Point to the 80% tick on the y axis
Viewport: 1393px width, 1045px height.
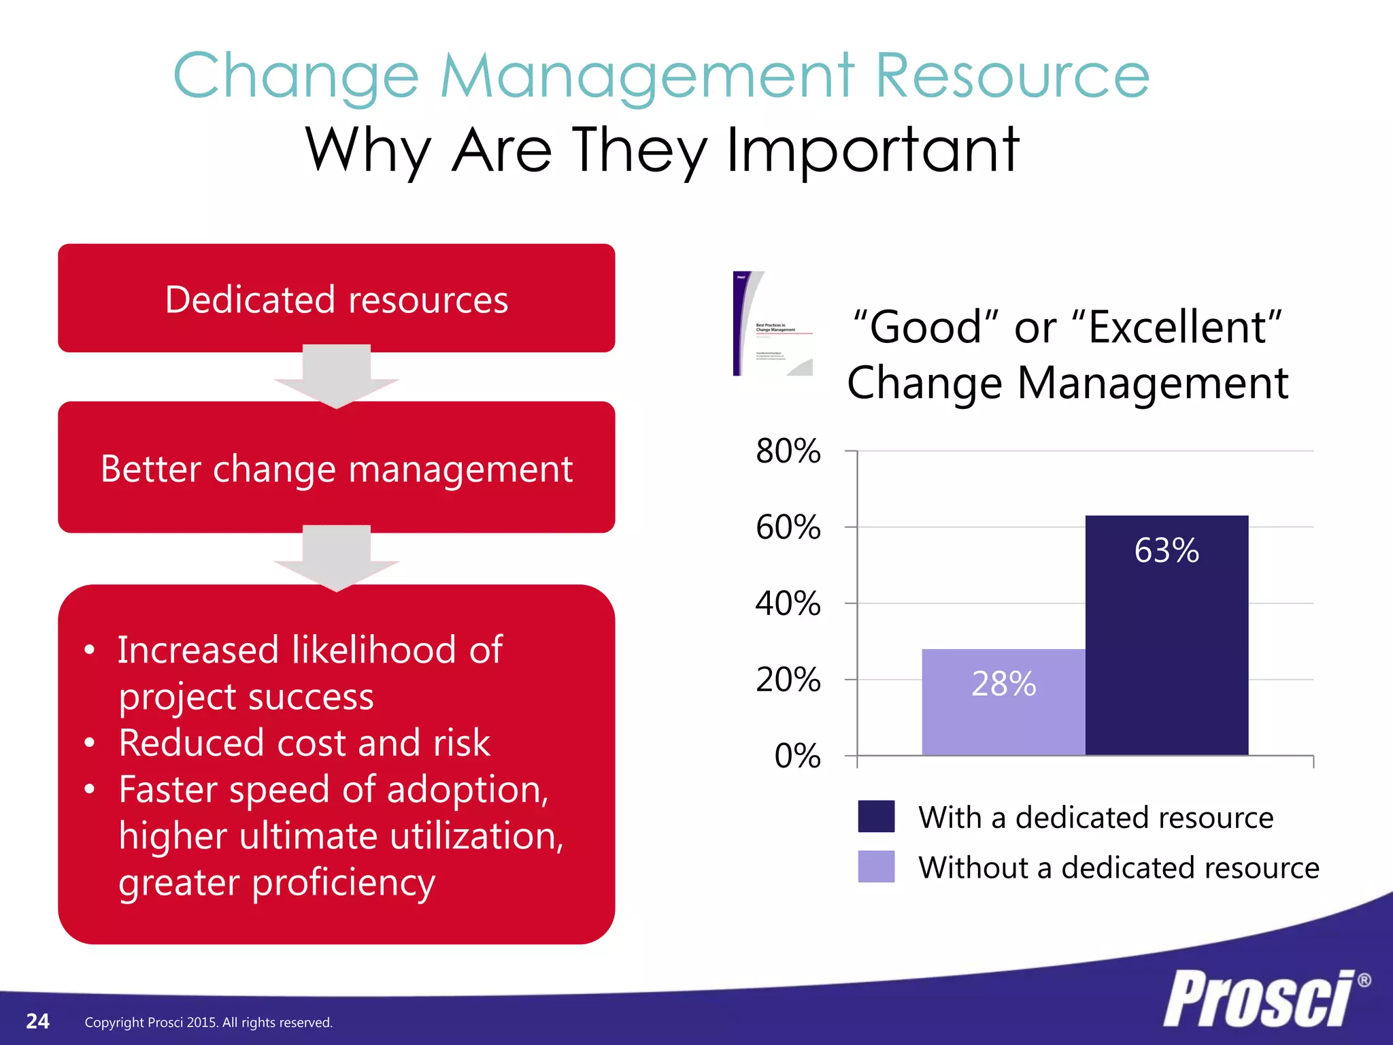(x=788, y=451)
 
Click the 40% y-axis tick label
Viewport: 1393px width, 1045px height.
(x=788, y=603)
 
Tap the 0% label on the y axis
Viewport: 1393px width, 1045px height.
(x=797, y=756)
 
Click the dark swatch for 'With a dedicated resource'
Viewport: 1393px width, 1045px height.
(x=876, y=816)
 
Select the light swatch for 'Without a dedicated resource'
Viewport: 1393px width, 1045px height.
(x=876, y=867)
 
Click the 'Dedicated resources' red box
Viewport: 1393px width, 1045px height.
(x=336, y=298)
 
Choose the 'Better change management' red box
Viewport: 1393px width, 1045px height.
(x=336, y=468)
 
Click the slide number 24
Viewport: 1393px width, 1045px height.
(x=37, y=1021)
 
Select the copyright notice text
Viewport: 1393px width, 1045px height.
(x=208, y=1023)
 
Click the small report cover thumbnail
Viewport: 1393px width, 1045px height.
(x=773, y=324)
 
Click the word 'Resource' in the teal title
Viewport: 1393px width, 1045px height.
(x=1011, y=76)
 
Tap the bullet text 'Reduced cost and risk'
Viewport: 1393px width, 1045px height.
(x=304, y=742)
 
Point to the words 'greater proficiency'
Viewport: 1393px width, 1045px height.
(x=276, y=882)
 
